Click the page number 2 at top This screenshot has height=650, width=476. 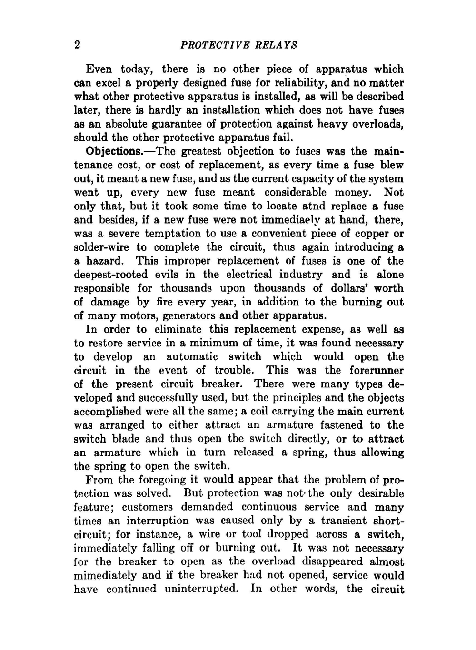coord(78,45)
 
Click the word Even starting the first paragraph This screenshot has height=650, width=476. coord(99,69)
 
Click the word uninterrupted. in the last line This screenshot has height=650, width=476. coord(201,590)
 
